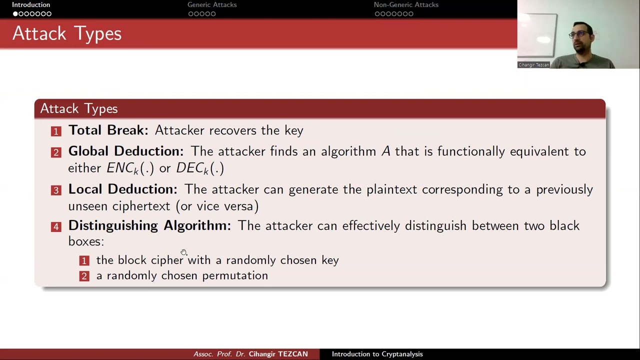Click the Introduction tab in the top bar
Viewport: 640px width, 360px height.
tap(31, 5)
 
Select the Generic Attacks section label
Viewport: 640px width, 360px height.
tap(212, 5)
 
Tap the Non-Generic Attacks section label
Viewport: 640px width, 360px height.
tap(406, 5)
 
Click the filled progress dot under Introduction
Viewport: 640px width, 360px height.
tap(15, 14)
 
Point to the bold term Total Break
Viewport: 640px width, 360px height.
tap(108, 130)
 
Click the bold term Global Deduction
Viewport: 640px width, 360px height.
tap(125, 151)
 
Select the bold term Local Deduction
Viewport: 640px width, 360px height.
tap(122, 189)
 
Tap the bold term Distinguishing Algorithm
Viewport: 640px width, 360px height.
tap(149, 225)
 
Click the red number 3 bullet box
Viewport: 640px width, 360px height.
tap(56, 190)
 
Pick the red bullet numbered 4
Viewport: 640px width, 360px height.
tap(56, 227)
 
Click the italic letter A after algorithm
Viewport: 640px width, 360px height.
tap(385, 151)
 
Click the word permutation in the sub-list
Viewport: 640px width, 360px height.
tap(235, 276)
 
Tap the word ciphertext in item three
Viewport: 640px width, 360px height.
tap(141, 206)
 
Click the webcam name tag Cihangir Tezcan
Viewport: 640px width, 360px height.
tap(533, 65)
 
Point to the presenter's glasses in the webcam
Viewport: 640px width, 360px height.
tap(579, 34)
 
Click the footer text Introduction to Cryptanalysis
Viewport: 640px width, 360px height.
tap(377, 354)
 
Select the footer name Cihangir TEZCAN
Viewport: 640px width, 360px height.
tap(278, 354)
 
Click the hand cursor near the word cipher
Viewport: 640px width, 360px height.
tap(184, 252)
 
